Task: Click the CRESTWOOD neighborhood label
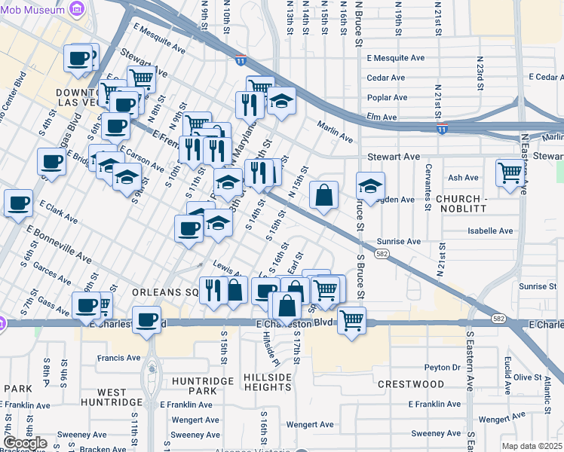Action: pyautogui.click(x=411, y=384)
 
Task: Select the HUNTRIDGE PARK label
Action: pyautogui.click(x=194, y=385)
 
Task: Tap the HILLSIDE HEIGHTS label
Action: pyautogui.click(x=268, y=381)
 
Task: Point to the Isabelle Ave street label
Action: pyautogui.click(x=490, y=231)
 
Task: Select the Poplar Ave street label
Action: pyautogui.click(x=386, y=97)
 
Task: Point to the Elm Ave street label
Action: pyautogui.click(x=382, y=118)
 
